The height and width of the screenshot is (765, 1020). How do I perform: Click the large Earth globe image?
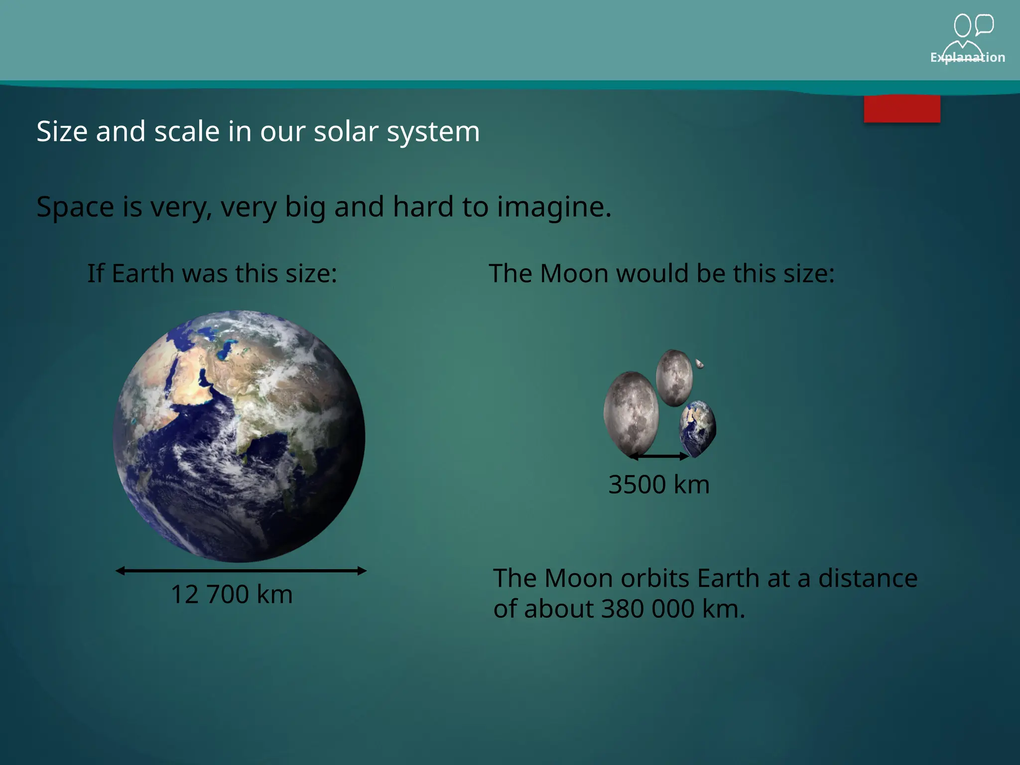pos(239,436)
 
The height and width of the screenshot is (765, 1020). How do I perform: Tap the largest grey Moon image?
pos(631,413)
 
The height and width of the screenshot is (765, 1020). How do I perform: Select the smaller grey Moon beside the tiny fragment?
pos(674,378)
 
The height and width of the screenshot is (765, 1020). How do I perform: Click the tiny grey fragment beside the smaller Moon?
pos(699,364)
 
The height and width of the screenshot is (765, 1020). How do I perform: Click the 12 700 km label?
pos(232,594)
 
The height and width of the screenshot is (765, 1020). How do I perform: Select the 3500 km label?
pos(659,485)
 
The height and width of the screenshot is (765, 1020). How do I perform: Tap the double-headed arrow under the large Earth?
pos(241,571)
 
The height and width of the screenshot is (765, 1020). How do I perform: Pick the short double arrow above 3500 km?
pos(659,456)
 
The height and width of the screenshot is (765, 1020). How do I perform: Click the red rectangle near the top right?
pos(902,109)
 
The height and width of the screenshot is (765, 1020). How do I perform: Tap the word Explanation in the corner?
pos(967,57)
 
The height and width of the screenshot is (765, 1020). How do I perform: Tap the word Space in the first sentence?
pos(75,207)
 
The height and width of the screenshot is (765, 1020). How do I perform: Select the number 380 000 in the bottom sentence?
pos(647,609)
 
